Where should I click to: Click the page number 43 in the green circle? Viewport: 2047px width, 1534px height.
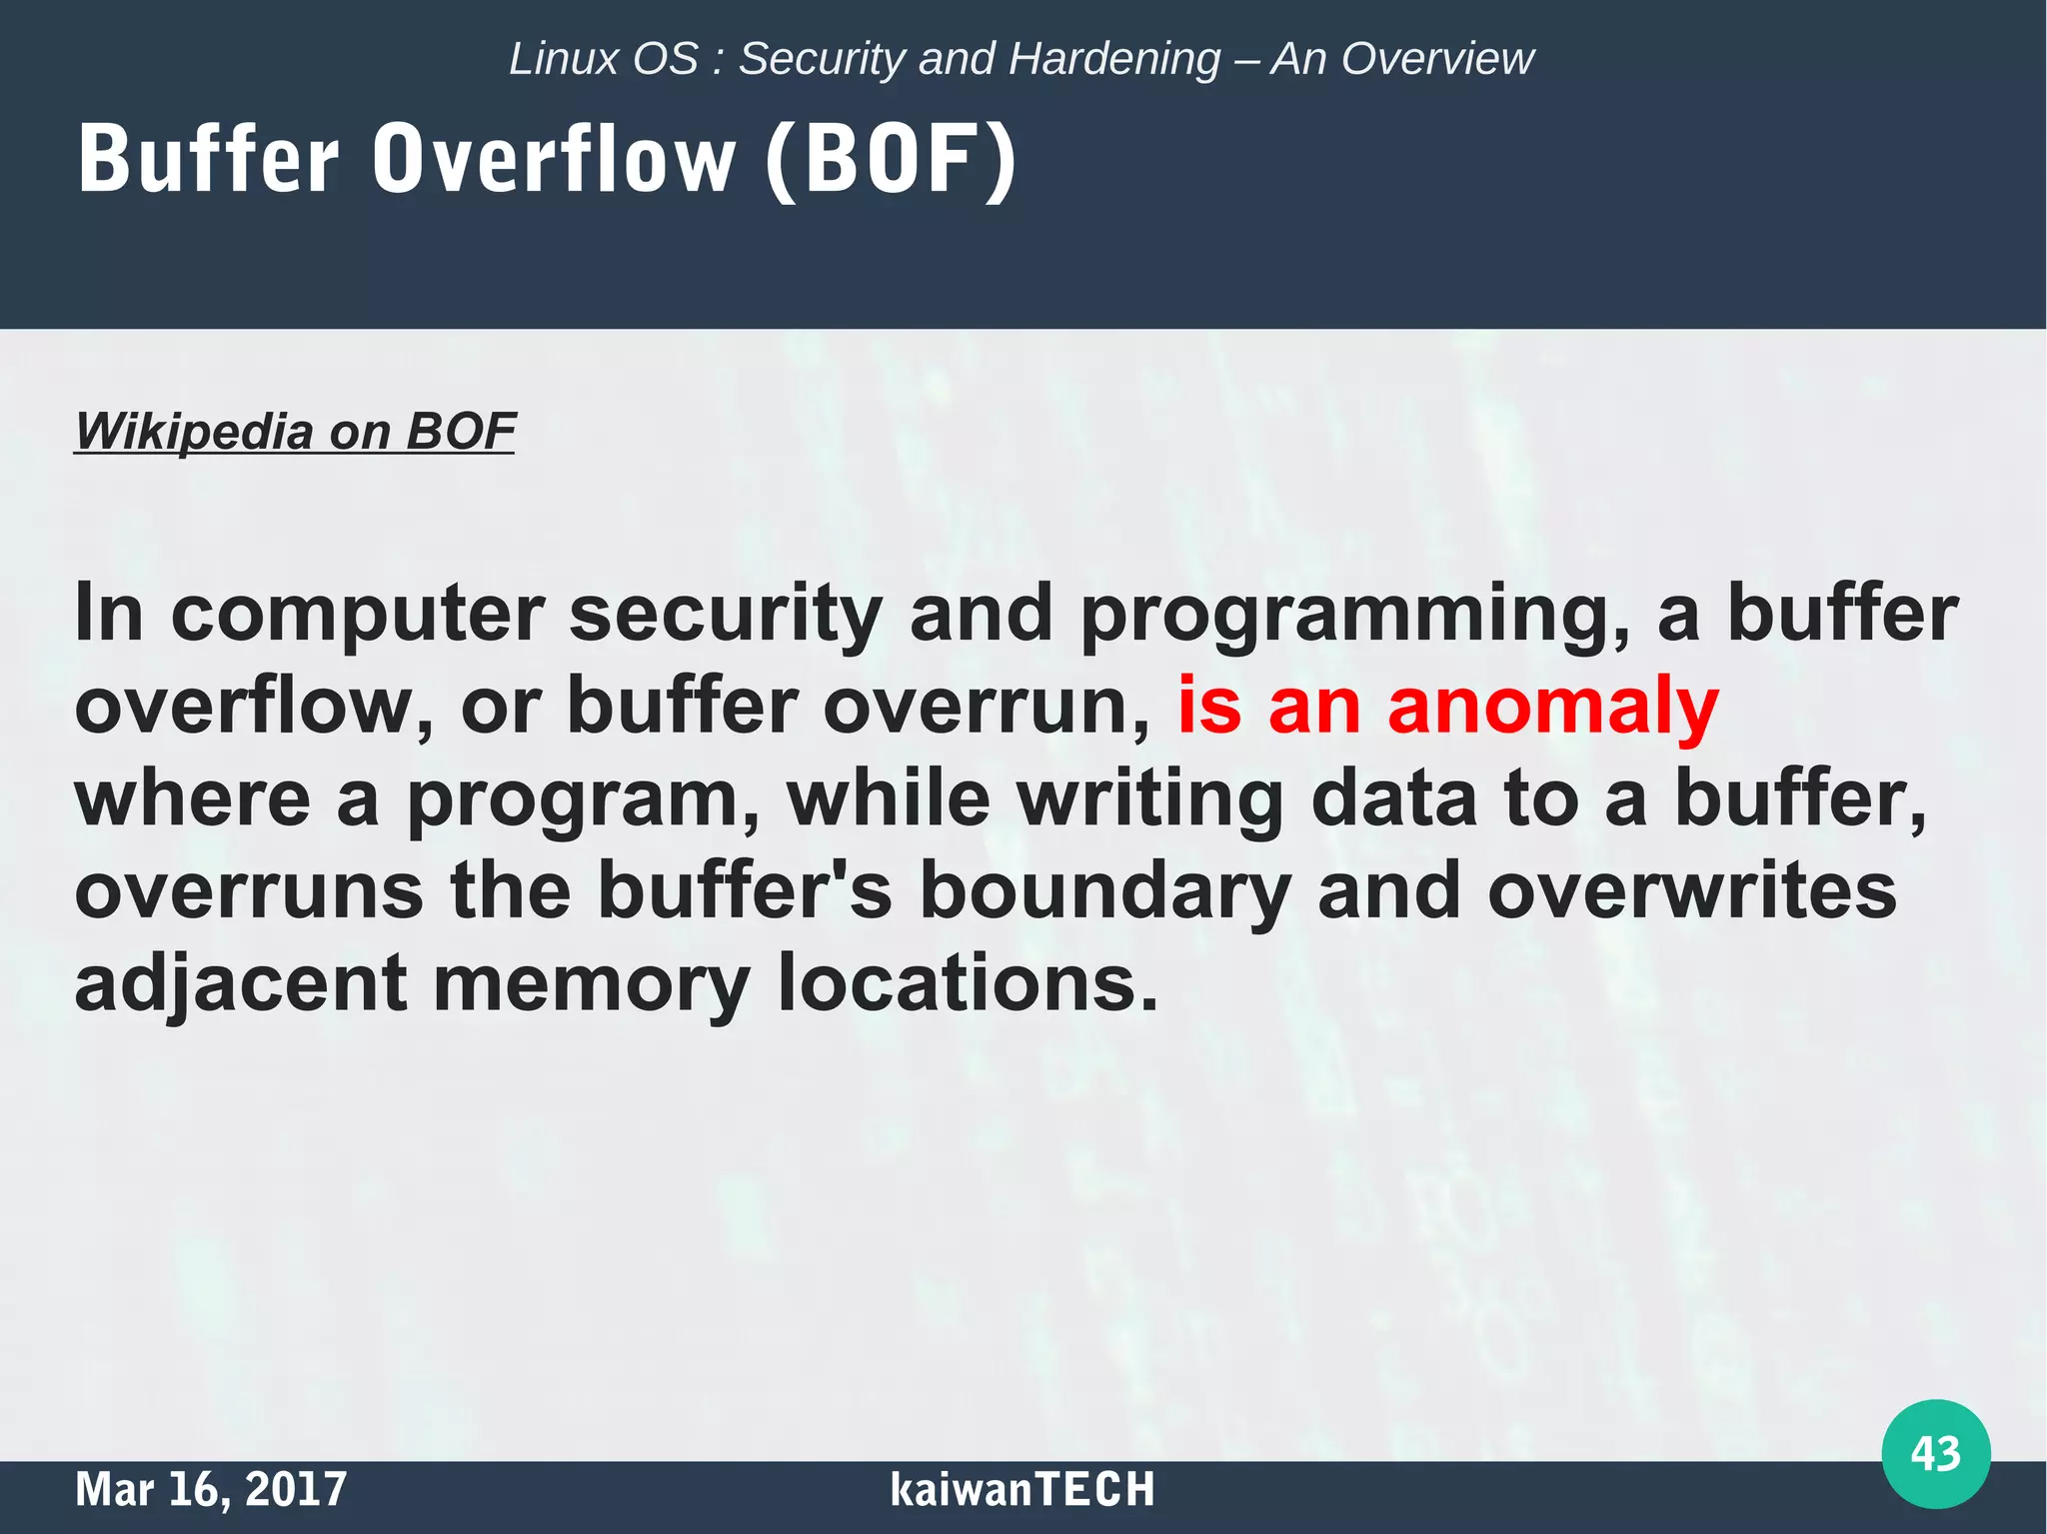click(1935, 1453)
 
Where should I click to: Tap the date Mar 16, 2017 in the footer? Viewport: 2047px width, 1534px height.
click(211, 1489)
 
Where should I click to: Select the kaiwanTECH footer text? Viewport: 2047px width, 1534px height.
click(1022, 1489)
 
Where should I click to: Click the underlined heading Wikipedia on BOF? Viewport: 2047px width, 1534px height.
click(295, 432)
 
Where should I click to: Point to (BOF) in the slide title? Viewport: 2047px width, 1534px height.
click(891, 160)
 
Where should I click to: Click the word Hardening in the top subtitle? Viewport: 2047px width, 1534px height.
click(1114, 59)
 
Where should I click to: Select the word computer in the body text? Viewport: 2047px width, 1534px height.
click(358, 613)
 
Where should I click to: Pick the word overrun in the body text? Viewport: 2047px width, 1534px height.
click(986, 706)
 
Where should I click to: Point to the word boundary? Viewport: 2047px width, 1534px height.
click(1105, 891)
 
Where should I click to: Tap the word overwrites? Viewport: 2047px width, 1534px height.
click(1691, 890)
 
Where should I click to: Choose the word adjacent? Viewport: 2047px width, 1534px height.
click(241, 984)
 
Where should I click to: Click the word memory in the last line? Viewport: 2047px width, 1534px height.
click(591, 984)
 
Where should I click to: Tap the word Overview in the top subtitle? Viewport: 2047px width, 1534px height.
click(1436, 59)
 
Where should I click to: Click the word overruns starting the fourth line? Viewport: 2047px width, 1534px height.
click(249, 891)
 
